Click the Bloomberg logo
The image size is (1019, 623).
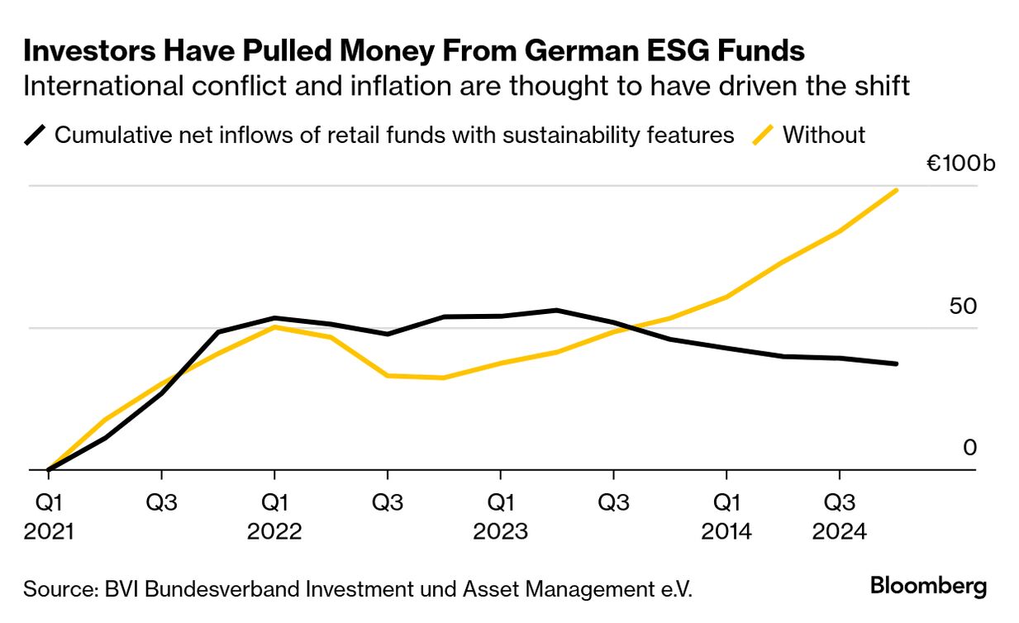pyautogui.click(x=928, y=587)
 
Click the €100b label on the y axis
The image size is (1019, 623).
pyautogui.click(x=960, y=163)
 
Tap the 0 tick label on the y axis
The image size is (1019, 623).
pyautogui.click(x=969, y=448)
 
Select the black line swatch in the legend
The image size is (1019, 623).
pyautogui.click(x=37, y=135)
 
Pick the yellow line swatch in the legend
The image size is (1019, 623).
pyautogui.click(x=765, y=135)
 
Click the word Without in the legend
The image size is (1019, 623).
pyautogui.click(x=824, y=135)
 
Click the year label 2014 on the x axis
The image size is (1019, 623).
pyautogui.click(x=726, y=530)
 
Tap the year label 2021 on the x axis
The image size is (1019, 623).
pyautogui.click(x=49, y=530)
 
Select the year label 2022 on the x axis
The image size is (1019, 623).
pyautogui.click(x=274, y=530)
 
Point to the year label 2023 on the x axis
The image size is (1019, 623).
pyautogui.click(x=500, y=530)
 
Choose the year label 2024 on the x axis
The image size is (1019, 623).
pyautogui.click(x=840, y=530)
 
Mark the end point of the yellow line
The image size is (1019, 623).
pyautogui.click(x=897, y=191)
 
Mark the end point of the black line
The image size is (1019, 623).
pyautogui.click(x=897, y=364)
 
